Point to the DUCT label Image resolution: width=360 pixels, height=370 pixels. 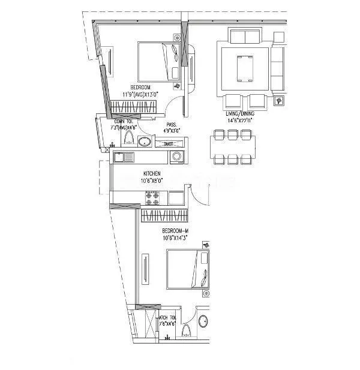(x=170, y=144)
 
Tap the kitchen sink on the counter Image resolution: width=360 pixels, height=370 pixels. (x=124, y=157)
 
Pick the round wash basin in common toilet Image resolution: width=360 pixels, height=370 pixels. (x=144, y=142)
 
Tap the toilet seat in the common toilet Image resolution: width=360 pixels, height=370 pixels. (x=129, y=139)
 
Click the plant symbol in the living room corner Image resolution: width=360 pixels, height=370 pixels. (x=278, y=101)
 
